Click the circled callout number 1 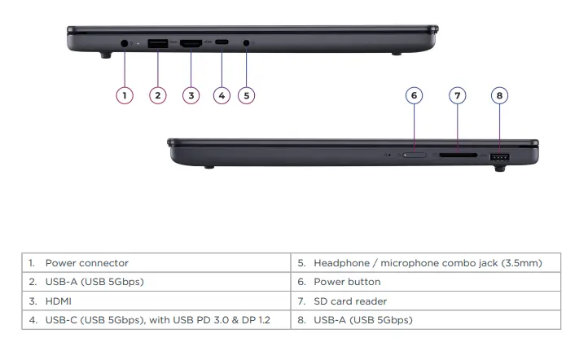124,95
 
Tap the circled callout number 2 158,95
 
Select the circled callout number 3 191,95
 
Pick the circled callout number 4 222,95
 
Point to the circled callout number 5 246,95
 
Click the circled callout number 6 415,95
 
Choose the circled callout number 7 458,95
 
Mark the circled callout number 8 500,95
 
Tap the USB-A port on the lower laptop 500,156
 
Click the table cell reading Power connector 86,263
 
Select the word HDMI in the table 59,301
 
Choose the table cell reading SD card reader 353,301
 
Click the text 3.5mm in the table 519,263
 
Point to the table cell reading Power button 347,282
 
